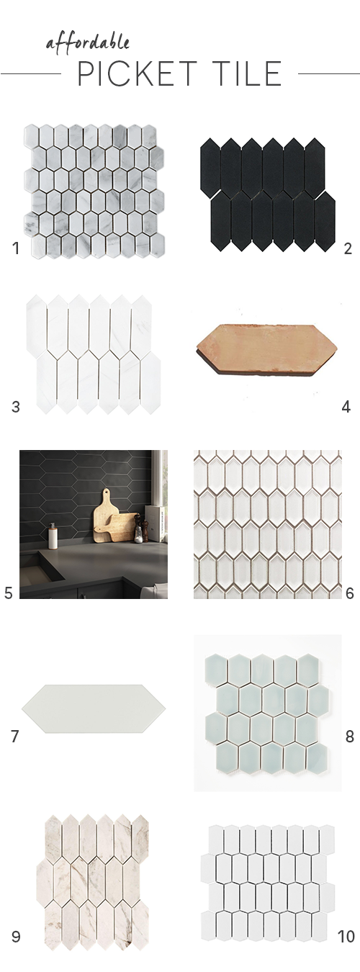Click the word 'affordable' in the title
pos(88,42)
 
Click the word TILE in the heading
pos(244,74)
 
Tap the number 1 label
pos(15,249)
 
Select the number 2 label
pos(347,249)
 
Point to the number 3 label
pos(15,407)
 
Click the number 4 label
pos(346,407)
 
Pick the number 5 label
pos(9,593)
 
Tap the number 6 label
pos(349,593)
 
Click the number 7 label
pos(15,737)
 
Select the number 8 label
pos(349,737)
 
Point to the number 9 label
pos(15,937)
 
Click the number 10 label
pos(346,937)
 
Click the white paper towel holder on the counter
pos(53,536)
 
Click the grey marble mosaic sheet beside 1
pos(93,191)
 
